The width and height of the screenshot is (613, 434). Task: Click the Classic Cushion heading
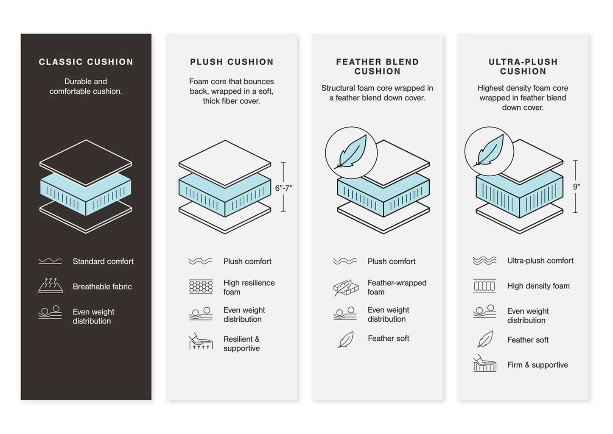pos(86,62)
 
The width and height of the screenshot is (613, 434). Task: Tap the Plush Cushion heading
pos(232,62)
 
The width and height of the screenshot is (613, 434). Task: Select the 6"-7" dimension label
pos(283,188)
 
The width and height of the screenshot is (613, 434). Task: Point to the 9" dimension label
pos(577,186)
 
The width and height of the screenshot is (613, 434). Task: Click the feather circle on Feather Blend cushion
pos(351,153)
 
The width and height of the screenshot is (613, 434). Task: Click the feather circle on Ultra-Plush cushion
pos(489,151)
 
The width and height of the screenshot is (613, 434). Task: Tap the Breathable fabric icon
pos(50,286)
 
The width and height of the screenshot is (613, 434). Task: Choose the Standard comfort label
pos(103,262)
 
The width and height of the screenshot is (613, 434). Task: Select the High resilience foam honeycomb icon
pos(201,287)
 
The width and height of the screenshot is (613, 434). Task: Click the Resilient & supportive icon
pos(201,342)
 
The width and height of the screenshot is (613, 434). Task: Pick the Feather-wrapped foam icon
pos(346,287)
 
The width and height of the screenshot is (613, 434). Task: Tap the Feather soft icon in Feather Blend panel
pos(346,339)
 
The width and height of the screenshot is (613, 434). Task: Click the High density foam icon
pos(484,286)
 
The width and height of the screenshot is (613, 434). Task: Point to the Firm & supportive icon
pos(484,364)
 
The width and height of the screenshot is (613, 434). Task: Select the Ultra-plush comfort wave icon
pos(484,261)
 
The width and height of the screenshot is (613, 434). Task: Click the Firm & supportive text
pos(537,365)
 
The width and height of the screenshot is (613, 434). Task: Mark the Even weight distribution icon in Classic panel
pos(50,312)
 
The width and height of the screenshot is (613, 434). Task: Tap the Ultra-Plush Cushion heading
pos(523,67)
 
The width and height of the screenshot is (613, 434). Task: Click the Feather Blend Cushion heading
pos(377,67)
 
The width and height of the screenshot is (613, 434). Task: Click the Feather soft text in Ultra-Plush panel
pos(528,340)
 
